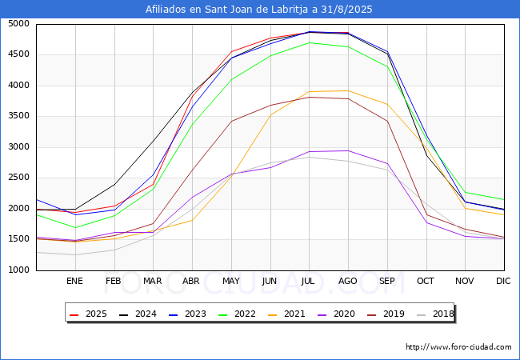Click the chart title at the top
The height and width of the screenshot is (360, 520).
coord(258,10)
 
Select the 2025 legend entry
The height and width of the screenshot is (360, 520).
coord(88,314)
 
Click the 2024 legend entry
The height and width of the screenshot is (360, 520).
coord(138,314)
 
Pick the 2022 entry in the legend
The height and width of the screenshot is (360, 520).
coord(237,314)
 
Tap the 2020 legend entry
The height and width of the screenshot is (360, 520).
coord(336,314)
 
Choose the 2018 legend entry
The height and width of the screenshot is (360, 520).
coord(435,314)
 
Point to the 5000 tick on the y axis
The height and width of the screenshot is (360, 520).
coord(19,24)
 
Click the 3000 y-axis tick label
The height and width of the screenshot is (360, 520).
coord(19,147)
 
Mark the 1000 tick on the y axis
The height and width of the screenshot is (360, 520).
coord(19,270)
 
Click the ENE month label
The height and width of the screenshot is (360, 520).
coord(74,281)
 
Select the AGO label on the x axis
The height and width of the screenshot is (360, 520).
coord(347,281)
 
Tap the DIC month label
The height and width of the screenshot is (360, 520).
coord(503,281)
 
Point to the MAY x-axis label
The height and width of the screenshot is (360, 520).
coord(231,281)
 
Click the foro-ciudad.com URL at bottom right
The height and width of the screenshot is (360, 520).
coord(458,347)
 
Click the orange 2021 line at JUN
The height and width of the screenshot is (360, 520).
coord(270,114)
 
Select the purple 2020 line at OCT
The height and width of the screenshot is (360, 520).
coord(426,222)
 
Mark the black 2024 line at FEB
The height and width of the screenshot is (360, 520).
coord(114,184)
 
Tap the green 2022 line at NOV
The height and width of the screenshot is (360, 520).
coord(466,192)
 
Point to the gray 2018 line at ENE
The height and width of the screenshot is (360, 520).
coord(76,255)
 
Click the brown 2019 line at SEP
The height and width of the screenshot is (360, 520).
coord(387,121)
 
